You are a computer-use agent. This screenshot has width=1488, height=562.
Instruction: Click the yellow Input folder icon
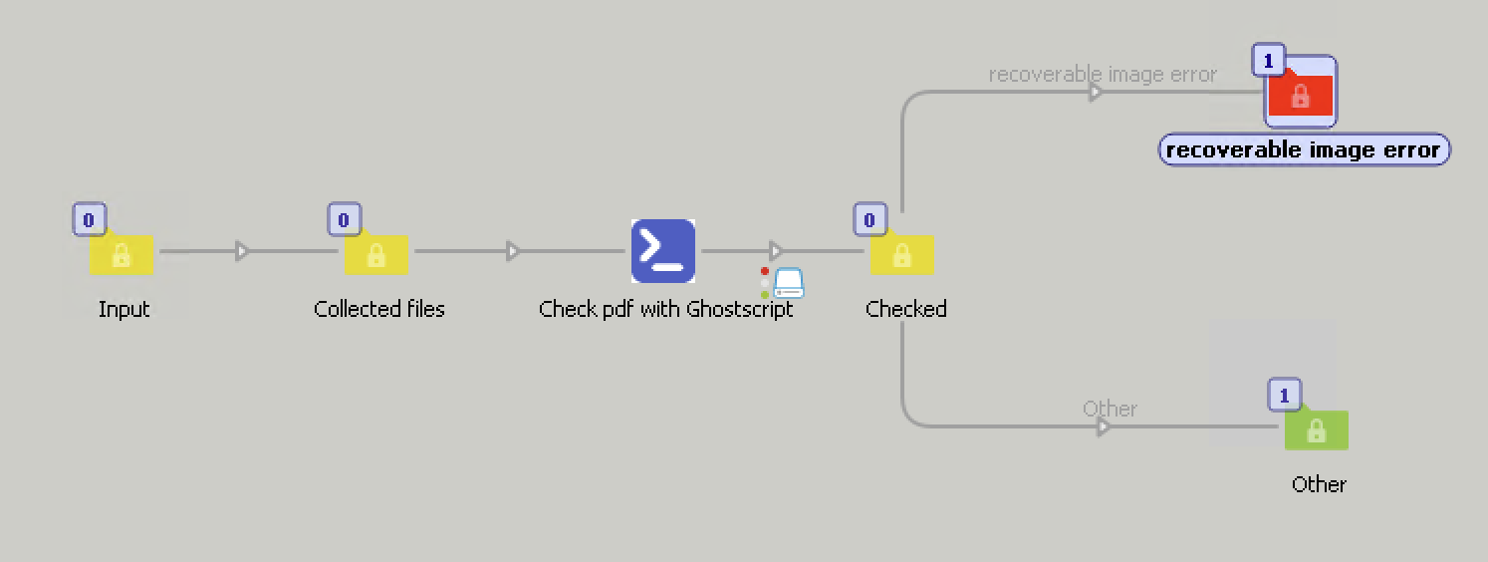click(x=122, y=255)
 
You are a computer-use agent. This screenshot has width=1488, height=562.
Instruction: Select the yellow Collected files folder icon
click(x=376, y=255)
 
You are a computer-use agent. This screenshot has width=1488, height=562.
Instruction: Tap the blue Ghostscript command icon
click(x=663, y=250)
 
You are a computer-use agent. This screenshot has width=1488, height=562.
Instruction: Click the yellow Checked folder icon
click(x=902, y=255)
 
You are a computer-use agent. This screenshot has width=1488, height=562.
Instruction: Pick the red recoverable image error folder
click(x=1300, y=95)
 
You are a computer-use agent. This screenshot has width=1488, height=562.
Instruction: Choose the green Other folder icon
click(x=1316, y=430)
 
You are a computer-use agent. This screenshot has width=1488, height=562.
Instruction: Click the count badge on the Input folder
click(x=89, y=218)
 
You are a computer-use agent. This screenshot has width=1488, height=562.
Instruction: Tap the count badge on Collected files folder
click(x=344, y=218)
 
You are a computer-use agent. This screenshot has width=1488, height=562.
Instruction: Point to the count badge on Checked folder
click(x=869, y=218)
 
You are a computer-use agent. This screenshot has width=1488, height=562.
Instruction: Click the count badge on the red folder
click(x=1268, y=62)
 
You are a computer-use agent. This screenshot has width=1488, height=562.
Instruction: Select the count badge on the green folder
click(x=1284, y=396)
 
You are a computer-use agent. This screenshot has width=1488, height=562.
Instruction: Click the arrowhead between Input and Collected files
click(x=242, y=251)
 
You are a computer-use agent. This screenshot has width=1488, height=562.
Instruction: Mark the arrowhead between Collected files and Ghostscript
click(x=513, y=251)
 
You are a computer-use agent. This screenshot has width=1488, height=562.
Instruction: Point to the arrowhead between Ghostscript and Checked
click(x=776, y=251)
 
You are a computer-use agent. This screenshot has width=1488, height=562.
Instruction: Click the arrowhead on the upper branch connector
click(x=1096, y=93)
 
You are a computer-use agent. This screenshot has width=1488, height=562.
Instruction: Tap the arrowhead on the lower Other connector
click(x=1103, y=427)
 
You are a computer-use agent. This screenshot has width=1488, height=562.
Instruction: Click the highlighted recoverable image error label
click(x=1304, y=150)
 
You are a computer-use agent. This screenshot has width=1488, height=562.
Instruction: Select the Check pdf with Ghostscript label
click(x=665, y=309)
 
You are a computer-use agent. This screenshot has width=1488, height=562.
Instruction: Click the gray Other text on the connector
click(x=1110, y=409)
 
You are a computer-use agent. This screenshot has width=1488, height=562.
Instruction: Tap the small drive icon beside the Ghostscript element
click(x=789, y=284)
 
